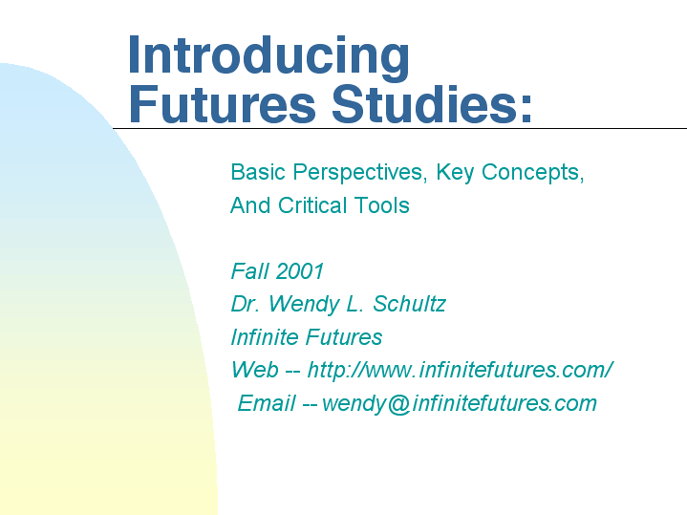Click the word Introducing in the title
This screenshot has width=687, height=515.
tap(268, 57)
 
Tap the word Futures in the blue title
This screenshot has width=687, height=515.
tap(222, 104)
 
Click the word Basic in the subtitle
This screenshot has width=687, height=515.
tap(258, 172)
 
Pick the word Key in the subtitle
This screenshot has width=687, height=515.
tap(455, 173)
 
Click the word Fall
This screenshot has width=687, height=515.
tap(249, 270)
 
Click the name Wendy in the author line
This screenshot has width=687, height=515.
tap(304, 305)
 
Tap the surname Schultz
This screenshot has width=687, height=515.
tap(409, 304)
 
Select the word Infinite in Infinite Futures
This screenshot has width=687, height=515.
tap(265, 337)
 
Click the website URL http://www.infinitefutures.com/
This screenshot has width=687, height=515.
tap(460, 370)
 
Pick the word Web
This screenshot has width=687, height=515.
tap(254, 370)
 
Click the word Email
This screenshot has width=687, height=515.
tap(267, 403)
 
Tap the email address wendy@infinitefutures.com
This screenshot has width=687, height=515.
tap(460, 403)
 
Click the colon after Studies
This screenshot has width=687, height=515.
tap(526, 109)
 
